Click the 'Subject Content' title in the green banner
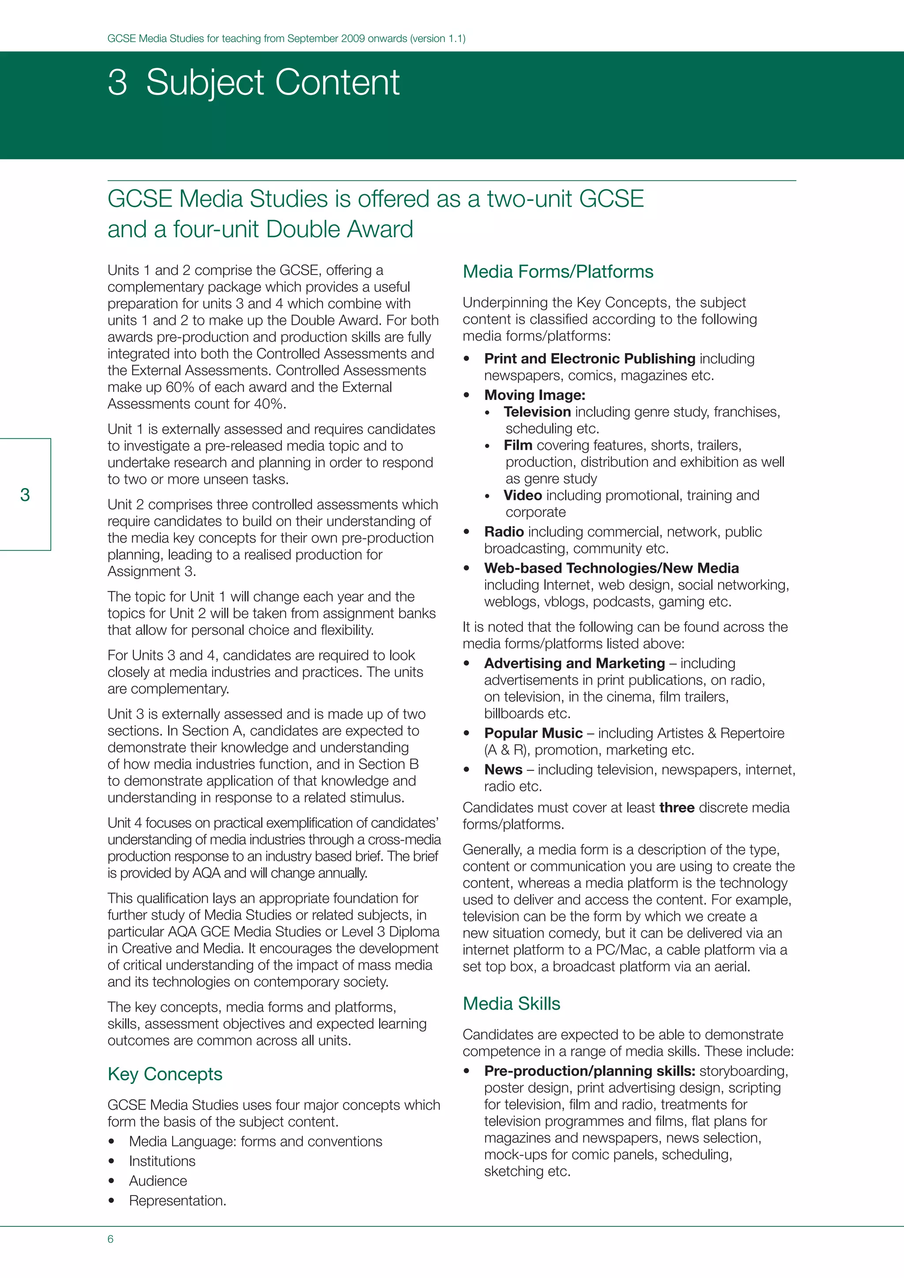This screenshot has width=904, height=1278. [x=272, y=83]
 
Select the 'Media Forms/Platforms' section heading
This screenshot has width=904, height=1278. [x=558, y=272]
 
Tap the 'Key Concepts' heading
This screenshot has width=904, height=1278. [x=165, y=1074]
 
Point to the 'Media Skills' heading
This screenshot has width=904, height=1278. [x=511, y=1004]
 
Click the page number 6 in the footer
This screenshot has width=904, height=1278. [x=110, y=1239]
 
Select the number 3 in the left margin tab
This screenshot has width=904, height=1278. [x=25, y=495]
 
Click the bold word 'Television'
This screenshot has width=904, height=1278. [x=537, y=412]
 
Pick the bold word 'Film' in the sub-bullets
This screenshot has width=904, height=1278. [x=518, y=445]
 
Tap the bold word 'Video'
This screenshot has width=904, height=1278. [x=522, y=496]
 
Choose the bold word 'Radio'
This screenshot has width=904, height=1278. [x=504, y=532]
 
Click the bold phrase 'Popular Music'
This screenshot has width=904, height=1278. [x=533, y=733]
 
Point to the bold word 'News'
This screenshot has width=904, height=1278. [x=503, y=769]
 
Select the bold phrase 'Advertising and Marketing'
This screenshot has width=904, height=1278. [x=574, y=663]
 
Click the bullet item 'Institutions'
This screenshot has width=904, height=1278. [x=162, y=1161]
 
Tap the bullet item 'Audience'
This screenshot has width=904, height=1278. [x=158, y=1180]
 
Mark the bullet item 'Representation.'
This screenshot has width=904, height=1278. [x=177, y=1201]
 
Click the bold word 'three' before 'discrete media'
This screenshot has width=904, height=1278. [x=676, y=808]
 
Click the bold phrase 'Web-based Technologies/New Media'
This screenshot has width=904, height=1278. [x=611, y=568]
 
